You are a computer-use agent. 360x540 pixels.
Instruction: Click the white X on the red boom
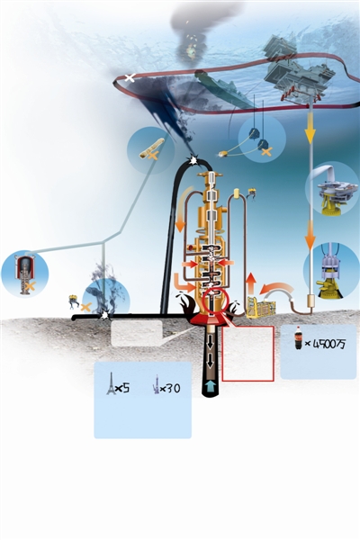coord(130,77)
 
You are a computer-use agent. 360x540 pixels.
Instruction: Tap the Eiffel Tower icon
coord(111,383)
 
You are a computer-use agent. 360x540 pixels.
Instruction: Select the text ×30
coord(170,389)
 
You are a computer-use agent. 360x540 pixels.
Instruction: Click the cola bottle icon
coord(298,337)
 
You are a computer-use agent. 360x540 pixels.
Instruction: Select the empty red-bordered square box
coord(248,354)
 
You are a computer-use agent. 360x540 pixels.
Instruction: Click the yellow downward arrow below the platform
coord(310,133)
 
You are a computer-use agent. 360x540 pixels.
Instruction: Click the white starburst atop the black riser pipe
coord(192,160)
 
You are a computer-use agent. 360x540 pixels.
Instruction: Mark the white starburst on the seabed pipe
coord(104,315)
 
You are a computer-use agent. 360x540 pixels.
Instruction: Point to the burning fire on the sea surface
coord(191,49)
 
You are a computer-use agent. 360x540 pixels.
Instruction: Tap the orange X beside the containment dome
coord(31,285)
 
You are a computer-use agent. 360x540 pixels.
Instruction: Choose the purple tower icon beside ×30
coord(156,384)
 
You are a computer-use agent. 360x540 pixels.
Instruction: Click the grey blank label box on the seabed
coord(137,333)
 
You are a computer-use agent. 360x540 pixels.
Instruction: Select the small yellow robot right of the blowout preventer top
coord(253,193)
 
